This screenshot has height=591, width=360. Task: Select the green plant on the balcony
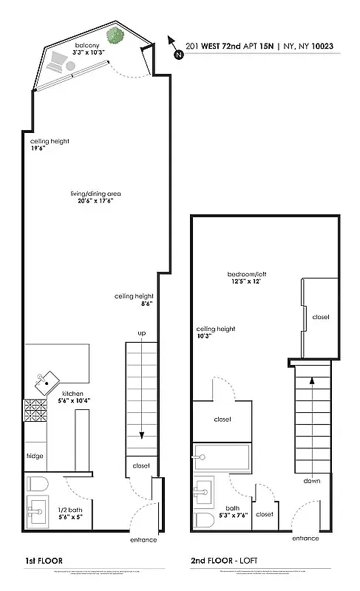click(x=114, y=35)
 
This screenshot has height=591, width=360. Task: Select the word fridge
click(x=35, y=456)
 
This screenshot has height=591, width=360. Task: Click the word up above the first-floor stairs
click(x=141, y=334)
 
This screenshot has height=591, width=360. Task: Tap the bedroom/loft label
click(x=247, y=279)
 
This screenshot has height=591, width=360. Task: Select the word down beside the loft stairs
click(x=312, y=480)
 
